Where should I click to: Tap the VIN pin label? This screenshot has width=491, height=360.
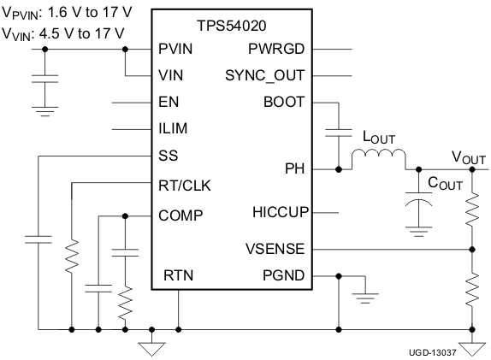pos(171,75)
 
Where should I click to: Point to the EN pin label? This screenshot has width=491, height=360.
pos(169,102)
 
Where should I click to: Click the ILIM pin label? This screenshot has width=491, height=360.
pos(173,128)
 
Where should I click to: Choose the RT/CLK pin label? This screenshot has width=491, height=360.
pos(184,184)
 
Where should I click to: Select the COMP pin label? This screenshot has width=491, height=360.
pos(180,215)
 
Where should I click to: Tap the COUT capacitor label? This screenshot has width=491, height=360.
pos(445,182)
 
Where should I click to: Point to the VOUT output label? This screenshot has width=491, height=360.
pos(468,157)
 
